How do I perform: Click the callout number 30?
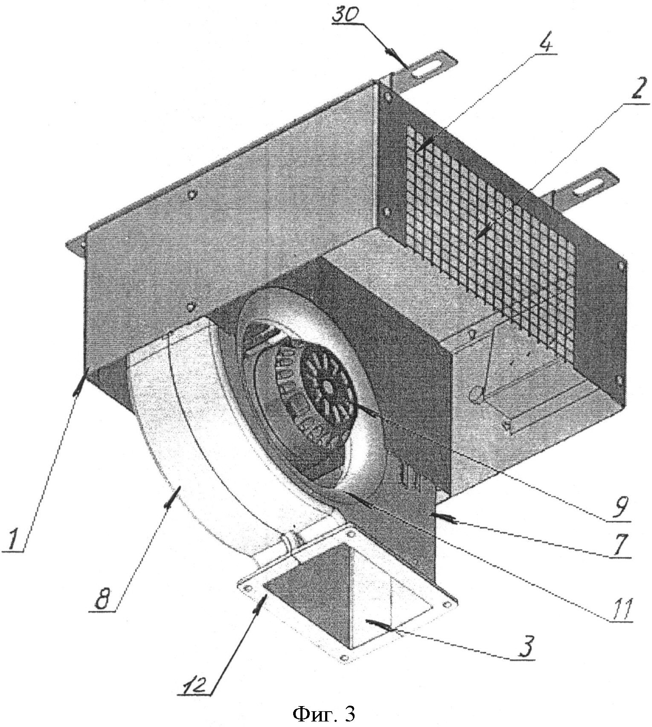[x=346, y=17]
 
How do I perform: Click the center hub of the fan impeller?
[x=327, y=386]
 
